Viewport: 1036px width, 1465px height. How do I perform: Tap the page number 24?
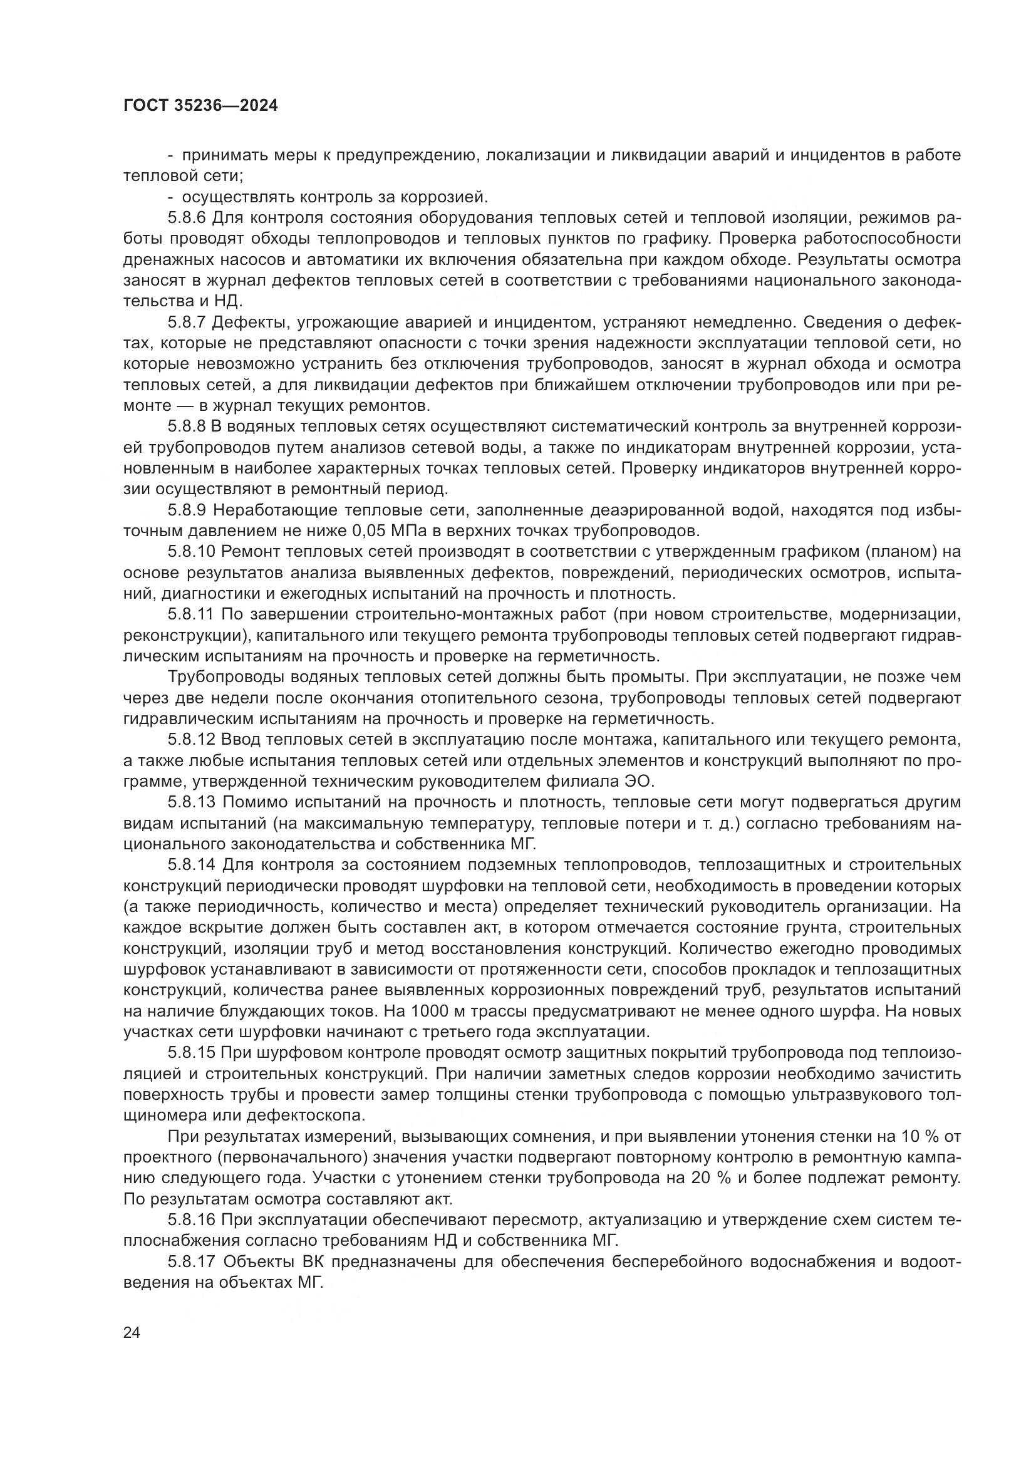tap(132, 1333)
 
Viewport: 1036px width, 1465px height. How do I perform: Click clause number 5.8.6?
tap(187, 217)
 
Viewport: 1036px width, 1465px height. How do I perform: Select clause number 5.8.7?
tap(187, 322)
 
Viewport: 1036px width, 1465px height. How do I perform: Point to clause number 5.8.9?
tap(187, 510)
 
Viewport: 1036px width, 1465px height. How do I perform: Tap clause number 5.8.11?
tap(192, 615)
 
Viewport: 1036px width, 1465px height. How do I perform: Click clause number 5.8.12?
tap(192, 741)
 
